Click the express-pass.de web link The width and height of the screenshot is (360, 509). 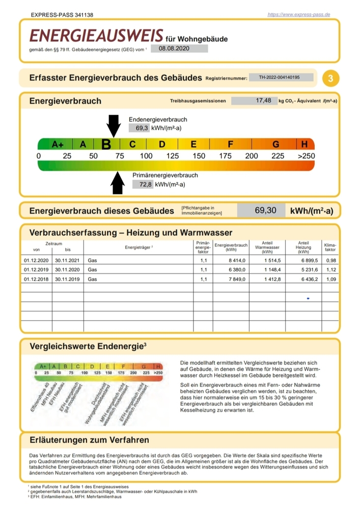pos(299,14)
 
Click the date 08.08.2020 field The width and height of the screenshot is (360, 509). pos(175,48)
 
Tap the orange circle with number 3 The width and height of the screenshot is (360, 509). pos(331,78)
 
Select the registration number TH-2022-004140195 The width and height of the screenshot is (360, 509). pos(279,78)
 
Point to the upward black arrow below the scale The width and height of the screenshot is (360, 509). pos(118,182)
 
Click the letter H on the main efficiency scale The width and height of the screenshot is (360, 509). pos(304,144)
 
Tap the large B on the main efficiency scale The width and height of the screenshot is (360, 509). pos(106,145)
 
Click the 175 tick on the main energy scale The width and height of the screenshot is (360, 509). pos(226,156)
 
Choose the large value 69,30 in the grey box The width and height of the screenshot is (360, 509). pos(265,210)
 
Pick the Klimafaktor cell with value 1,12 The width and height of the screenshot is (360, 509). pos(330,269)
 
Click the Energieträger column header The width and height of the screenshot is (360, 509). pos(139,247)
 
